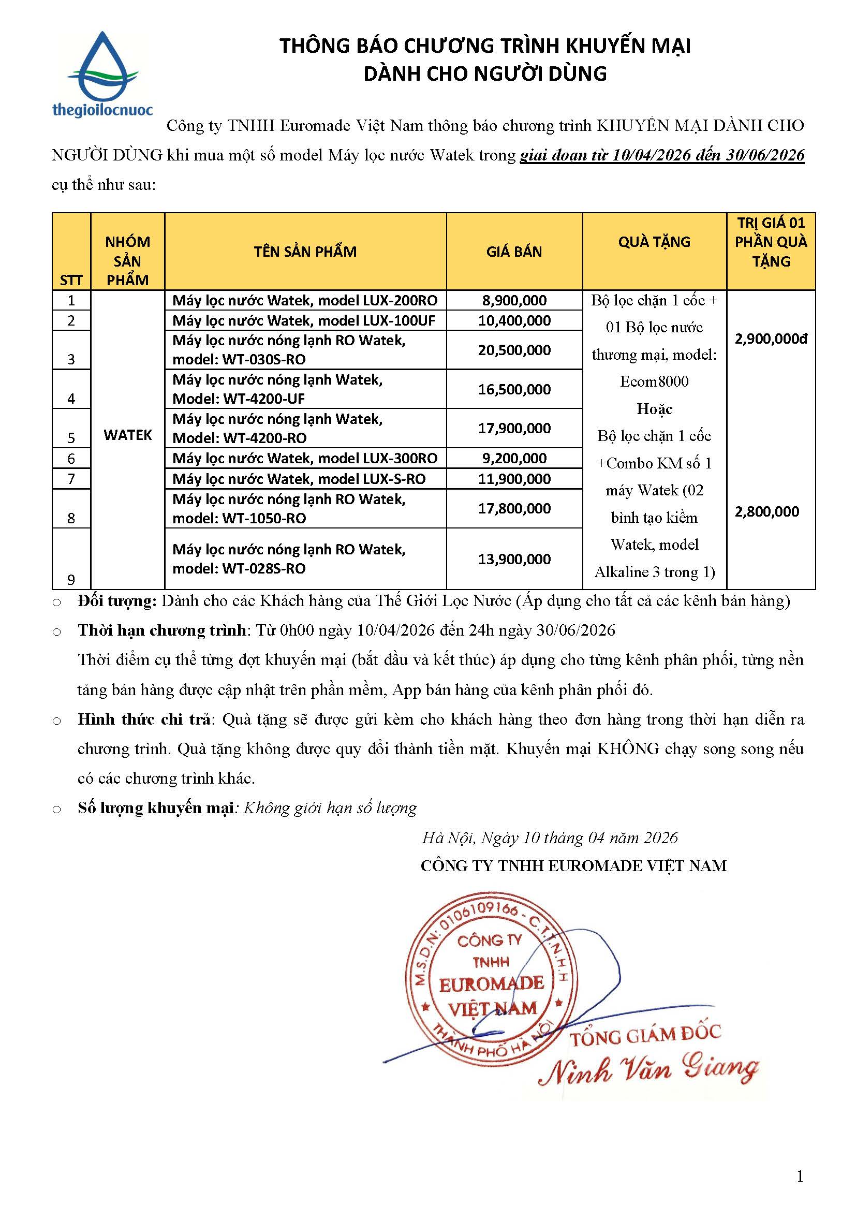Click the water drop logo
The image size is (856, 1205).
[x=102, y=67]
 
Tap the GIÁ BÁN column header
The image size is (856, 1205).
[x=514, y=252]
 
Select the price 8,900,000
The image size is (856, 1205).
[x=514, y=300]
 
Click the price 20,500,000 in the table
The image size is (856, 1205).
[x=514, y=350]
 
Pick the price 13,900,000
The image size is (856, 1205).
[x=514, y=559]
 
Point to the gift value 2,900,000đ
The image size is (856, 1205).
[x=771, y=339]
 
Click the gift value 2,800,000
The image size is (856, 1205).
[x=767, y=511]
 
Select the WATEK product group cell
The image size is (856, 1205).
[x=127, y=435]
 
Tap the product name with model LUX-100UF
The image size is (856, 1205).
[x=304, y=320]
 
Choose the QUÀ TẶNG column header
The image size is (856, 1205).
[x=654, y=242]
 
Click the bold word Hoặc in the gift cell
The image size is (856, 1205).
[x=654, y=409]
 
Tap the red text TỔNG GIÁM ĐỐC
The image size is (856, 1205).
[x=645, y=1036]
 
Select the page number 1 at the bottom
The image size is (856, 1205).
[x=800, y=1176]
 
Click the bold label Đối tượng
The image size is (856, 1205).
[x=117, y=601]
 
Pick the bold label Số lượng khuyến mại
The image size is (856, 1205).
[x=155, y=808]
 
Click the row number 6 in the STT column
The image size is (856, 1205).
[x=71, y=459]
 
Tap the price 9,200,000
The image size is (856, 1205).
[x=514, y=458]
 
